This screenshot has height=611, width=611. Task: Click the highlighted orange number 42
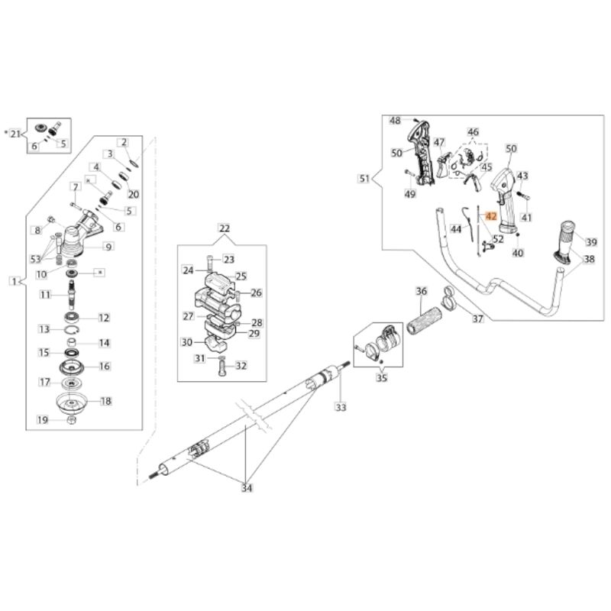point(490,216)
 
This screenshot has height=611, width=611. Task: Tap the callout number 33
point(341,407)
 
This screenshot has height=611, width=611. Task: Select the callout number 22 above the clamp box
point(225,228)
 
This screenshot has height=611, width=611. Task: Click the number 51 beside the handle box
point(364,179)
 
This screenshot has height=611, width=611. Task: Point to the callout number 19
point(43,419)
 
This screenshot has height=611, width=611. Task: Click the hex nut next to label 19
point(71,419)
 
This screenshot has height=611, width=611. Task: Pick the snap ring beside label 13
point(72,331)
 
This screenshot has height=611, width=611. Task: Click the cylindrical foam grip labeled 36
point(425,321)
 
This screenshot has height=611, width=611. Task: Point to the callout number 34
point(247,488)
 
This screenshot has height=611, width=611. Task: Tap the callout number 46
point(473,131)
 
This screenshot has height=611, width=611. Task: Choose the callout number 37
point(478,318)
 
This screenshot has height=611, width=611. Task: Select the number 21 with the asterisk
point(15,134)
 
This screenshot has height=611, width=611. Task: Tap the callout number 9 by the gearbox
point(108,247)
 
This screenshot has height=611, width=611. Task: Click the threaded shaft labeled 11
point(72,295)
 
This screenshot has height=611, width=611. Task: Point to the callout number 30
point(187,342)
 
